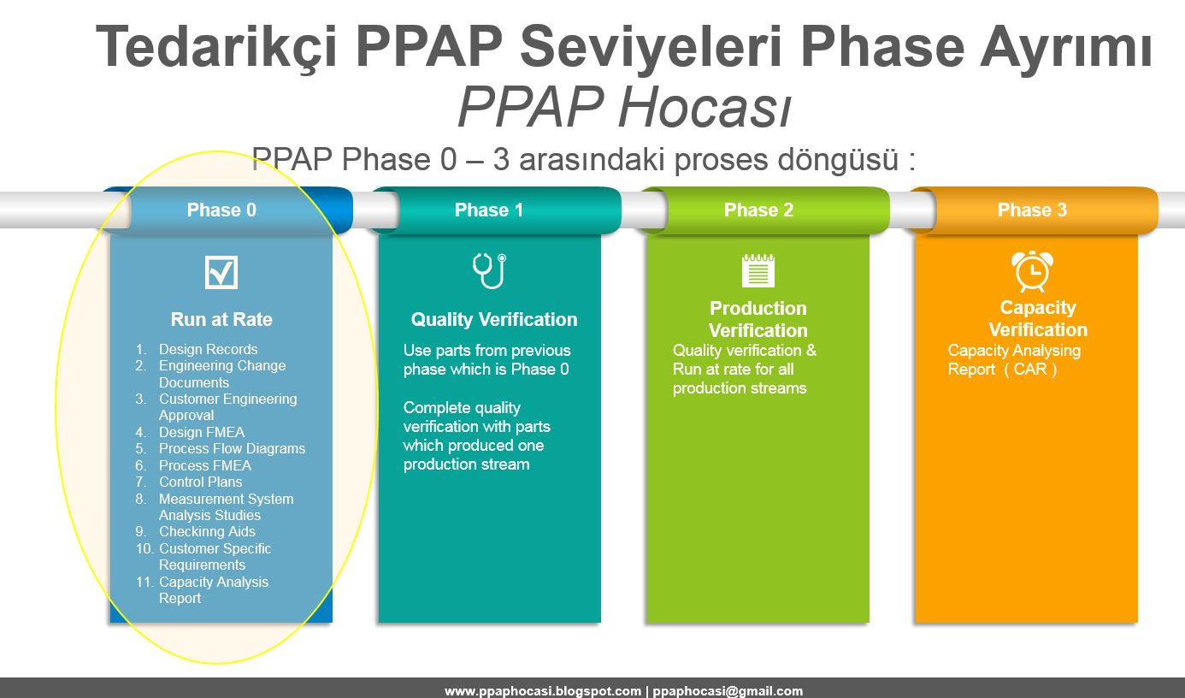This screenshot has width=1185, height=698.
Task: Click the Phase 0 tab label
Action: [221, 210]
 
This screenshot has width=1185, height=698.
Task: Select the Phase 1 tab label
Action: [488, 210]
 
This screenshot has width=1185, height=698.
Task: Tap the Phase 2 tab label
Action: [758, 210]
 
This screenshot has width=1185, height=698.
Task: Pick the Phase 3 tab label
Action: [1032, 210]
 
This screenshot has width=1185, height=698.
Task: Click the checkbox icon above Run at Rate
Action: [221, 272]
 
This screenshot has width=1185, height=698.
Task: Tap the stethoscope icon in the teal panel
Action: [489, 270]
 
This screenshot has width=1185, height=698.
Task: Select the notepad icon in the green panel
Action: [758, 269]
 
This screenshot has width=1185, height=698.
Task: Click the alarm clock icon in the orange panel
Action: [1032, 271]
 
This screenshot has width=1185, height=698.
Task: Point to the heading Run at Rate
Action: [221, 320]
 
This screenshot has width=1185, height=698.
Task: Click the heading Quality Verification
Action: [494, 320]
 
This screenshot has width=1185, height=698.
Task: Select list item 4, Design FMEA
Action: [201, 432]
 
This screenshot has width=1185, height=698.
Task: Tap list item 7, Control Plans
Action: [200, 482]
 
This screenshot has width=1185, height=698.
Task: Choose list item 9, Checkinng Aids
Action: [207, 531]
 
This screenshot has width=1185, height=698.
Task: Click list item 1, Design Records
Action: [208, 349]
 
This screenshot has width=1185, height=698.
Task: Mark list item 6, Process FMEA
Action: [204, 465]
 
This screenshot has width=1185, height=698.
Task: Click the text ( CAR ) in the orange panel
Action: [1030, 370]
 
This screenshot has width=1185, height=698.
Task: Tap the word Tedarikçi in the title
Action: [219, 48]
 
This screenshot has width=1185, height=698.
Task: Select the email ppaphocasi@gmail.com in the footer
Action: [728, 691]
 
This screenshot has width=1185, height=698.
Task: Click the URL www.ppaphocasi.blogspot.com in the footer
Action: [542, 691]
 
